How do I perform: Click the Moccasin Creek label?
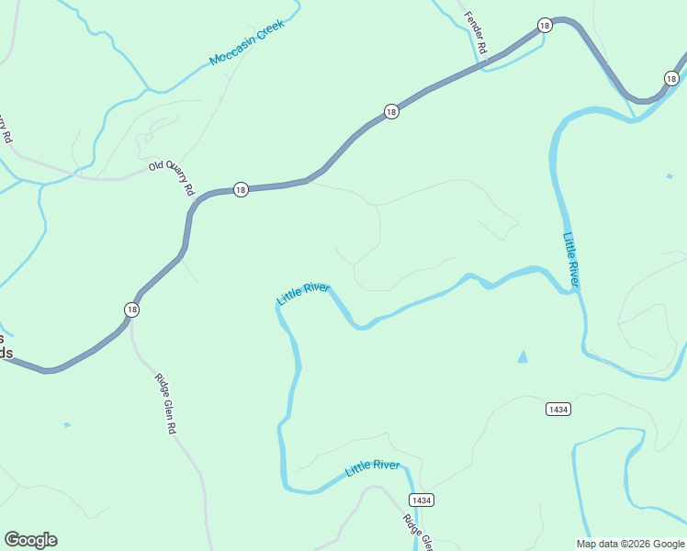[247, 43]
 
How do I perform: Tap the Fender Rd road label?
[475, 30]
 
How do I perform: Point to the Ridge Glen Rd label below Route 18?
[165, 403]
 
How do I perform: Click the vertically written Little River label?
[571, 259]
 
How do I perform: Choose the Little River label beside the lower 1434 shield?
[372, 467]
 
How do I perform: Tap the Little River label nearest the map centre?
[303, 294]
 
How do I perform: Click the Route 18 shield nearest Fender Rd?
[545, 26]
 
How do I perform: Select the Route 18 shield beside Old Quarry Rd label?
[241, 189]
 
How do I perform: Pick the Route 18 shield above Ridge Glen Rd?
[132, 309]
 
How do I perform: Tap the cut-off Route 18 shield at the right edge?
[681, 78]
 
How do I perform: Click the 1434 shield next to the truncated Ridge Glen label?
[421, 500]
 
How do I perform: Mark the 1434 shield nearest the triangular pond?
[557, 408]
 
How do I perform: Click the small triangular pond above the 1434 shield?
[523, 356]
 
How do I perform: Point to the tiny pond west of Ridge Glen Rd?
[67, 424]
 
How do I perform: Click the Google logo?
[30, 540]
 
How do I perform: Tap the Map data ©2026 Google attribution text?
[631, 544]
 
